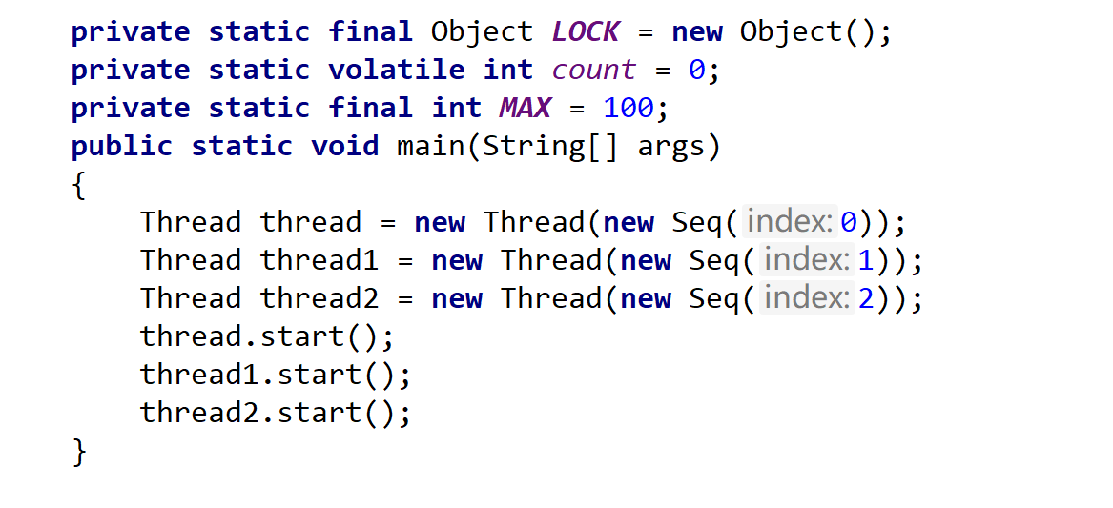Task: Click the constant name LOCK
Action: (x=586, y=31)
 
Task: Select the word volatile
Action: (x=396, y=70)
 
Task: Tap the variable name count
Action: (x=593, y=70)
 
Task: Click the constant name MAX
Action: (x=525, y=108)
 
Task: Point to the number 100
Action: (x=628, y=108)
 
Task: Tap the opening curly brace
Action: (x=79, y=185)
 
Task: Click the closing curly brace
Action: (x=79, y=451)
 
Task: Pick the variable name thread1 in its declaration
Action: (x=319, y=260)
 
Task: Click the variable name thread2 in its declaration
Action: (x=319, y=298)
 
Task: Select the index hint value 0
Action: (x=848, y=222)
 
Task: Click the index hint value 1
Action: (x=865, y=260)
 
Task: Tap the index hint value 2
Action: (x=865, y=298)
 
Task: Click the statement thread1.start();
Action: (x=276, y=375)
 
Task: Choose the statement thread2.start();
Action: (x=276, y=413)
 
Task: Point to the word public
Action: (x=122, y=146)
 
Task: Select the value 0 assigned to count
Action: (x=696, y=70)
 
